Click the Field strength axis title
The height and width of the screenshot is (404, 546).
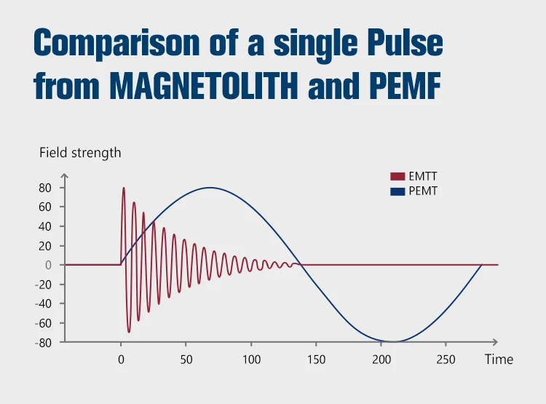[x=80, y=153]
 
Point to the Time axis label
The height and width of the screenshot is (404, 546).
[x=499, y=360]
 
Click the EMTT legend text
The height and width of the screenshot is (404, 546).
[x=423, y=176]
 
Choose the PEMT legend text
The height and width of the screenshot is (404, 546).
[x=423, y=191]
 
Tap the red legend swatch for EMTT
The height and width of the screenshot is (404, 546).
[x=397, y=177]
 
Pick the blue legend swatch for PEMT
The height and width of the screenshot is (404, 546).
[x=397, y=191]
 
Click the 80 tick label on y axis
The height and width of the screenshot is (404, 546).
[x=45, y=188]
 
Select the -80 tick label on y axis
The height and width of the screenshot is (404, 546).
[x=44, y=342]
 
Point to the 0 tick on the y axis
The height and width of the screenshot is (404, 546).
[x=49, y=265]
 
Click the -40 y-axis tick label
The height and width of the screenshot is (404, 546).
[x=44, y=304]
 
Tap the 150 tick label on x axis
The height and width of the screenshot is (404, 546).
[x=316, y=360]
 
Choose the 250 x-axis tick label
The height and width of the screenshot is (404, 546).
[x=446, y=360]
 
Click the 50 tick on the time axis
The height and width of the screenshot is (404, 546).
[x=186, y=360]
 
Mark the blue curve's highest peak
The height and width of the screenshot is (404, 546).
[x=210, y=188]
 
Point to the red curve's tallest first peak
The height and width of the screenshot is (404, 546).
[x=124, y=189]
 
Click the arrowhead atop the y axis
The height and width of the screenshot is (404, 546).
[x=64, y=177]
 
